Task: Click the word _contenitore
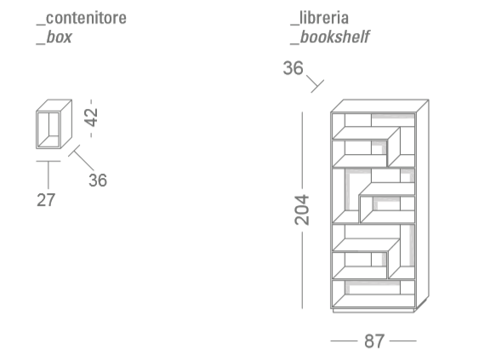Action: [x=82, y=18]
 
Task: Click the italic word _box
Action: [x=54, y=37]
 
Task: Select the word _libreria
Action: [x=320, y=17]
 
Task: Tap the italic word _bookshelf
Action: [x=330, y=37]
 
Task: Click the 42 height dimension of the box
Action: [x=91, y=117]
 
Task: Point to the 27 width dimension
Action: [x=46, y=200]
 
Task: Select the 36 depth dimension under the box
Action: [x=98, y=180]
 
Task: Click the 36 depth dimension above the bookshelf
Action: [x=293, y=68]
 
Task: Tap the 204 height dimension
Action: [x=301, y=209]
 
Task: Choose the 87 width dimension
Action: [x=374, y=341]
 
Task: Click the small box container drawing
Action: [x=54, y=124]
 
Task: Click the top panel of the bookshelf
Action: [x=379, y=106]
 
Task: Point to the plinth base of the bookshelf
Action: [x=374, y=310]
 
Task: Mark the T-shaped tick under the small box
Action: [x=48, y=174]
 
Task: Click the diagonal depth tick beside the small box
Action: [x=81, y=157]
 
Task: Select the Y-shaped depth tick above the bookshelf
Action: [x=316, y=83]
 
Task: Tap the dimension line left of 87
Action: [x=344, y=341]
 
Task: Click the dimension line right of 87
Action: [x=403, y=341]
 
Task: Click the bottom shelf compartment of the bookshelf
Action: [x=374, y=294]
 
